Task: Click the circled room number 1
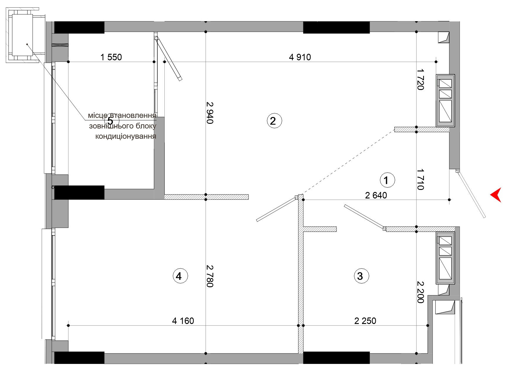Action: click(x=387, y=180)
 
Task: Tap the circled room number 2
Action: click(x=274, y=121)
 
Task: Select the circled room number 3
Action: click(x=361, y=276)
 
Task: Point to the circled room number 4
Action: click(x=180, y=276)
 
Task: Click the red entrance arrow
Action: click(x=496, y=195)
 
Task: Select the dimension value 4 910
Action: click(x=300, y=57)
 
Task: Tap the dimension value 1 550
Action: click(x=111, y=57)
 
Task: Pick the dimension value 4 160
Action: click(x=183, y=321)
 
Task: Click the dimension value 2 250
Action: click(x=365, y=321)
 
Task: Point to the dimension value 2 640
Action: click(x=376, y=195)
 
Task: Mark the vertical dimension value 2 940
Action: click(x=210, y=113)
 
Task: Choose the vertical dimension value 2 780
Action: click(x=210, y=276)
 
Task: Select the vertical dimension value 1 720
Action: click(x=420, y=79)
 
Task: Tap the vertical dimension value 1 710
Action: click(x=420, y=179)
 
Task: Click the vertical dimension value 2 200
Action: click(x=420, y=292)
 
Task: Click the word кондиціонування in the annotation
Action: click(x=126, y=136)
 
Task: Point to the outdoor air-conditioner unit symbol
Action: click(x=22, y=35)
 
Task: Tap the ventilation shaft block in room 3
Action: click(x=445, y=258)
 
